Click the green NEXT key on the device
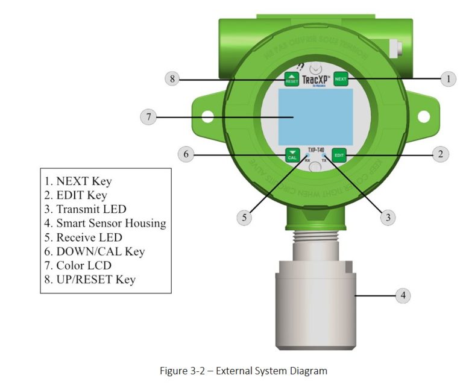coord(341,79)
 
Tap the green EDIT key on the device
coord(340,154)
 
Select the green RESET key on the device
coord(292,79)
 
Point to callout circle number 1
coord(447,78)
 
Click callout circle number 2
coord(441,154)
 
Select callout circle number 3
coord(388,217)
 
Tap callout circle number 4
coord(403,295)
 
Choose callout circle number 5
coord(244,217)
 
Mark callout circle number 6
coord(186,154)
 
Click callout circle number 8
coord(172,79)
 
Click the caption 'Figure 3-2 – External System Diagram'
coord(243,371)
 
